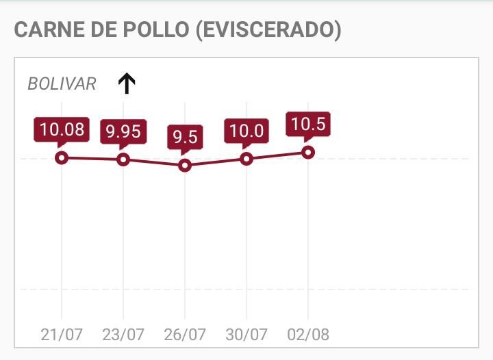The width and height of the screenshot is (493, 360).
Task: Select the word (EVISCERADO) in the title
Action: pos(268,30)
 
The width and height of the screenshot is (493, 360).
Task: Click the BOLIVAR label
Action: pos(62,84)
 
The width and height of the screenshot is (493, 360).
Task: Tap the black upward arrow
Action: pos(127,83)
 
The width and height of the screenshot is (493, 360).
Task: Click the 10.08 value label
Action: pos(62,129)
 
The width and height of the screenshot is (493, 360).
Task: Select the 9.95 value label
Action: pos(123,131)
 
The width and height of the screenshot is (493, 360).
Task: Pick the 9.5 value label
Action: pos(184,137)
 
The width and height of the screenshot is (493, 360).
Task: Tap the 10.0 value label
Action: pos(246,130)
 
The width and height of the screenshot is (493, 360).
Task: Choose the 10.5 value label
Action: pos(308,124)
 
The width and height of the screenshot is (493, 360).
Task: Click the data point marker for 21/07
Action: pos(62,158)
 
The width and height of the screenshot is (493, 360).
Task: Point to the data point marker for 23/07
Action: pos(123,159)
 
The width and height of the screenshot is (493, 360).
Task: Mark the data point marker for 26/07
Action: pos(184,166)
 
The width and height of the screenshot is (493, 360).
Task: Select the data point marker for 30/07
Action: pos(246,159)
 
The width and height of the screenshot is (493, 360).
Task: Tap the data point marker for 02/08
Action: pos(308,152)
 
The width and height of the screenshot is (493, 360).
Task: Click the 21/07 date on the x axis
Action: pos(62,335)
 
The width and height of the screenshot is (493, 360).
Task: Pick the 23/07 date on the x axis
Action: pos(123,335)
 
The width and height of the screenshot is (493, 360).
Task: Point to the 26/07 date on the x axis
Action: pos(185,335)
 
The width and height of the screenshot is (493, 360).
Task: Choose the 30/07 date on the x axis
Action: pos(246,335)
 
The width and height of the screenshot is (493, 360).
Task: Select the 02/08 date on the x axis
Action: pos(308,335)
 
